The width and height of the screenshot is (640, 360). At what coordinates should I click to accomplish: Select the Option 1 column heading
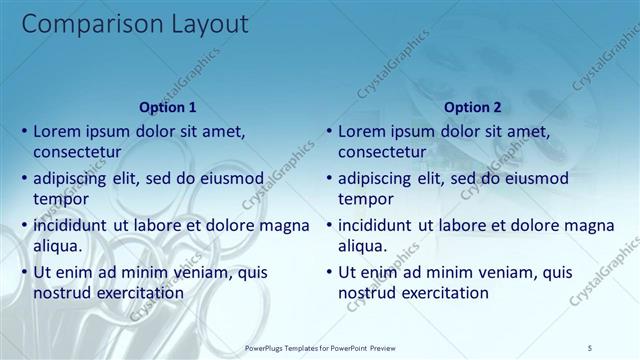pyautogui.click(x=168, y=107)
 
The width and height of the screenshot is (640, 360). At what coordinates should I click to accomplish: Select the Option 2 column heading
pyautogui.click(x=472, y=107)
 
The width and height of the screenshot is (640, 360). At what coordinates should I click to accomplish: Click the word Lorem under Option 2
pyautogui.click(x=361, y=131)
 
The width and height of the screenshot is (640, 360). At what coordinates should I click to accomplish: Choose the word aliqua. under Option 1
pyautogui.click(x=57, y=245)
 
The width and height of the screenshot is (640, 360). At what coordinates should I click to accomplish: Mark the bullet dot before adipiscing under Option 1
pyautogui.click(x=24, y=178)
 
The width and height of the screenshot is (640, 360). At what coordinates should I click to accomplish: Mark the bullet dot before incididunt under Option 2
pyautogui.click(x=328, y=224)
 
